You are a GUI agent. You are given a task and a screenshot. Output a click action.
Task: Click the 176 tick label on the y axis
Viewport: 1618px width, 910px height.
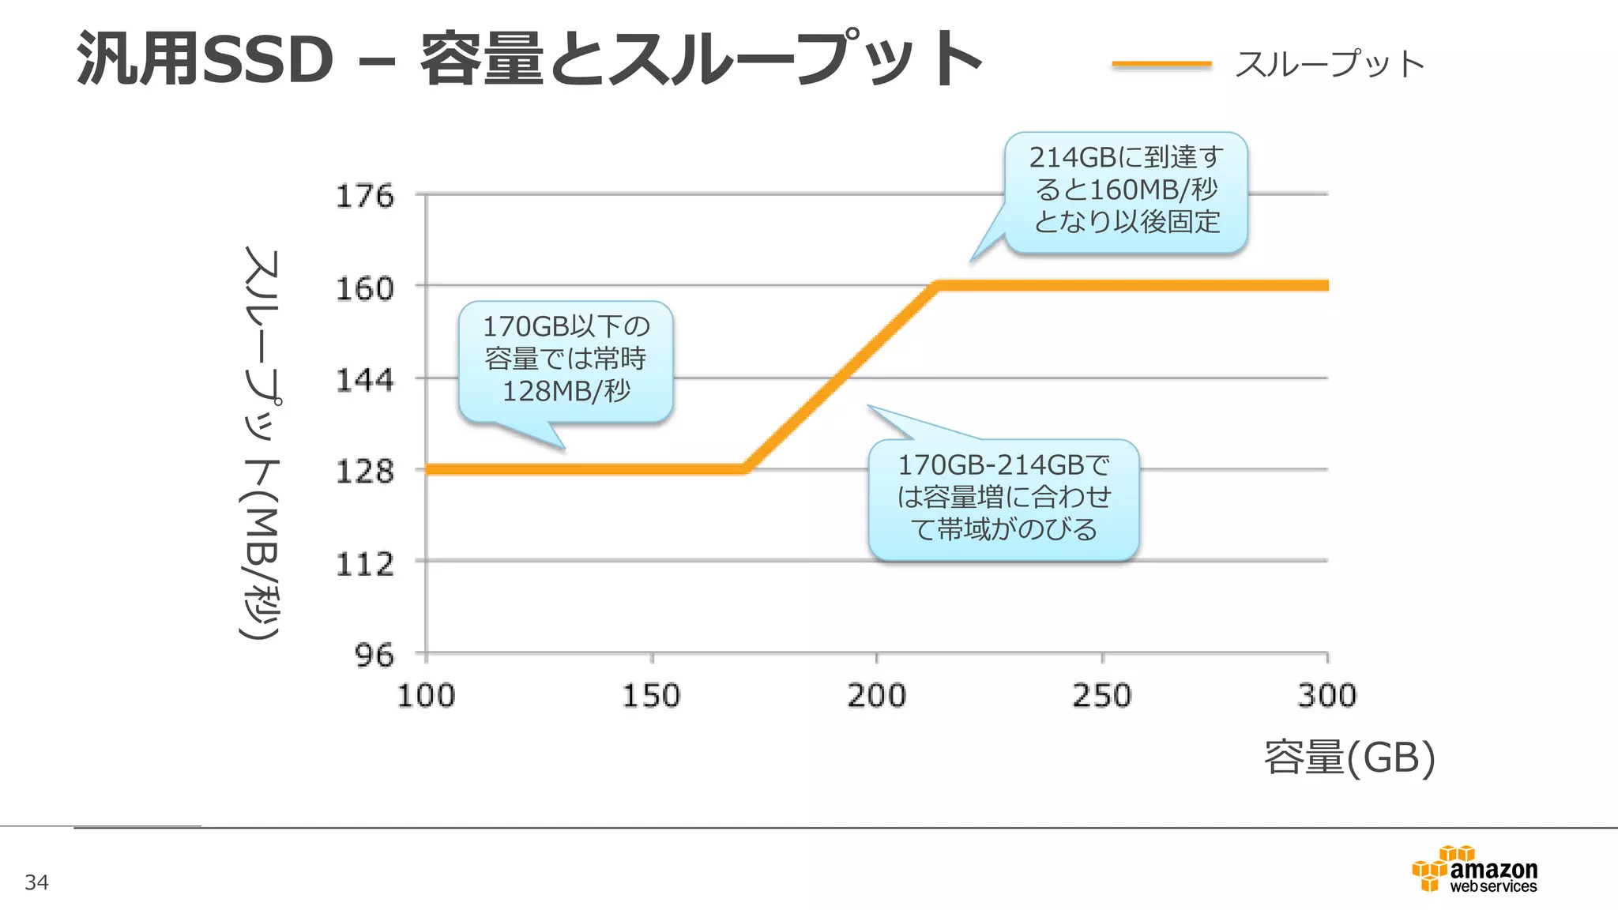tap(364, 196)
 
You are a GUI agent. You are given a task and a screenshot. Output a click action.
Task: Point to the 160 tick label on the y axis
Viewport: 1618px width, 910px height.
tap(364, 288)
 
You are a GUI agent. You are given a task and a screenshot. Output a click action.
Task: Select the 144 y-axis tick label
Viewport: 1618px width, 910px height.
tap(364, 380)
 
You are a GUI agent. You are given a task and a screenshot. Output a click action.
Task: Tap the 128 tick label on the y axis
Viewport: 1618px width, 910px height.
tap(364, 472)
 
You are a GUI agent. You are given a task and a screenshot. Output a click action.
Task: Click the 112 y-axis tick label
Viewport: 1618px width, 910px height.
tap(364, 564)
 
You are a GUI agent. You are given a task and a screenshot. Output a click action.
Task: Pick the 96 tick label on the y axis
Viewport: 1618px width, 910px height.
tap(374, 655)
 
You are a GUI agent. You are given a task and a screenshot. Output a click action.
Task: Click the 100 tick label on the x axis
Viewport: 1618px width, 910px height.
tap(426, 696)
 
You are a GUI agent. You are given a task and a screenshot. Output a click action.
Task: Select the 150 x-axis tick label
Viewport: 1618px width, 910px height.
tap(651, 696)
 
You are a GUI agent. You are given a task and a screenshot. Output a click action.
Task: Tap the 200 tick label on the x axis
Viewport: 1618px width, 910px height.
tap(876, 696)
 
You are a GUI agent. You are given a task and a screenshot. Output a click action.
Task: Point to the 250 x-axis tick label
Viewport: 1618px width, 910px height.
tap(1101, 696)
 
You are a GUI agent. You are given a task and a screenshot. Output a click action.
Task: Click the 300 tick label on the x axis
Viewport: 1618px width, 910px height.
tap(1326, 696)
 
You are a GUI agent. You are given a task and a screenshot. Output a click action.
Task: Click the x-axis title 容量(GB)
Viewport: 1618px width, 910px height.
tap(1349, 758)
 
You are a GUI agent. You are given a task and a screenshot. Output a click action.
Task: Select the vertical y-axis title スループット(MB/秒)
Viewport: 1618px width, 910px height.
tap(261, 442)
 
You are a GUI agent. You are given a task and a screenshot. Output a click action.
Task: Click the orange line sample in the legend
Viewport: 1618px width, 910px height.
tap(1161, 64)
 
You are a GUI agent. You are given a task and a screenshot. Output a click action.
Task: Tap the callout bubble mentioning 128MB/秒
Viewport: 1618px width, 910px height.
tap(566, 359)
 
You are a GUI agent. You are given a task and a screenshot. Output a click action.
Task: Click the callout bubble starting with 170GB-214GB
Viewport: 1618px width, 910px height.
tap(1003, 498)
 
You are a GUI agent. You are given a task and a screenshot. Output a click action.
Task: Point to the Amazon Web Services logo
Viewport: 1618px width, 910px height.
tap(1475, 870)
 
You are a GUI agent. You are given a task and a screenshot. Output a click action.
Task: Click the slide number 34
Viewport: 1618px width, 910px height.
tap(37, 882)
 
